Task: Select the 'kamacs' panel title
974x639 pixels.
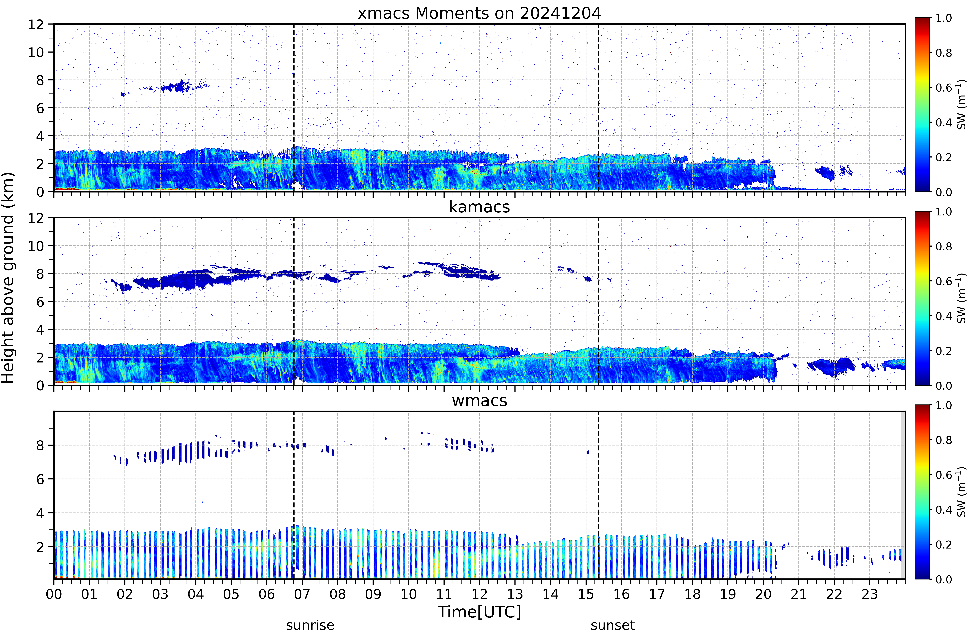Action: click(x=479, y=207)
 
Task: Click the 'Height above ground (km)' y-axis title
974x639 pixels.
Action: click(x=8, y=278)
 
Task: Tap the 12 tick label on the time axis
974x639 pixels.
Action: click(x=480, y=594)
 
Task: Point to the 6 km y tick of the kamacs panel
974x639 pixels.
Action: click(x=40, y=302)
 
